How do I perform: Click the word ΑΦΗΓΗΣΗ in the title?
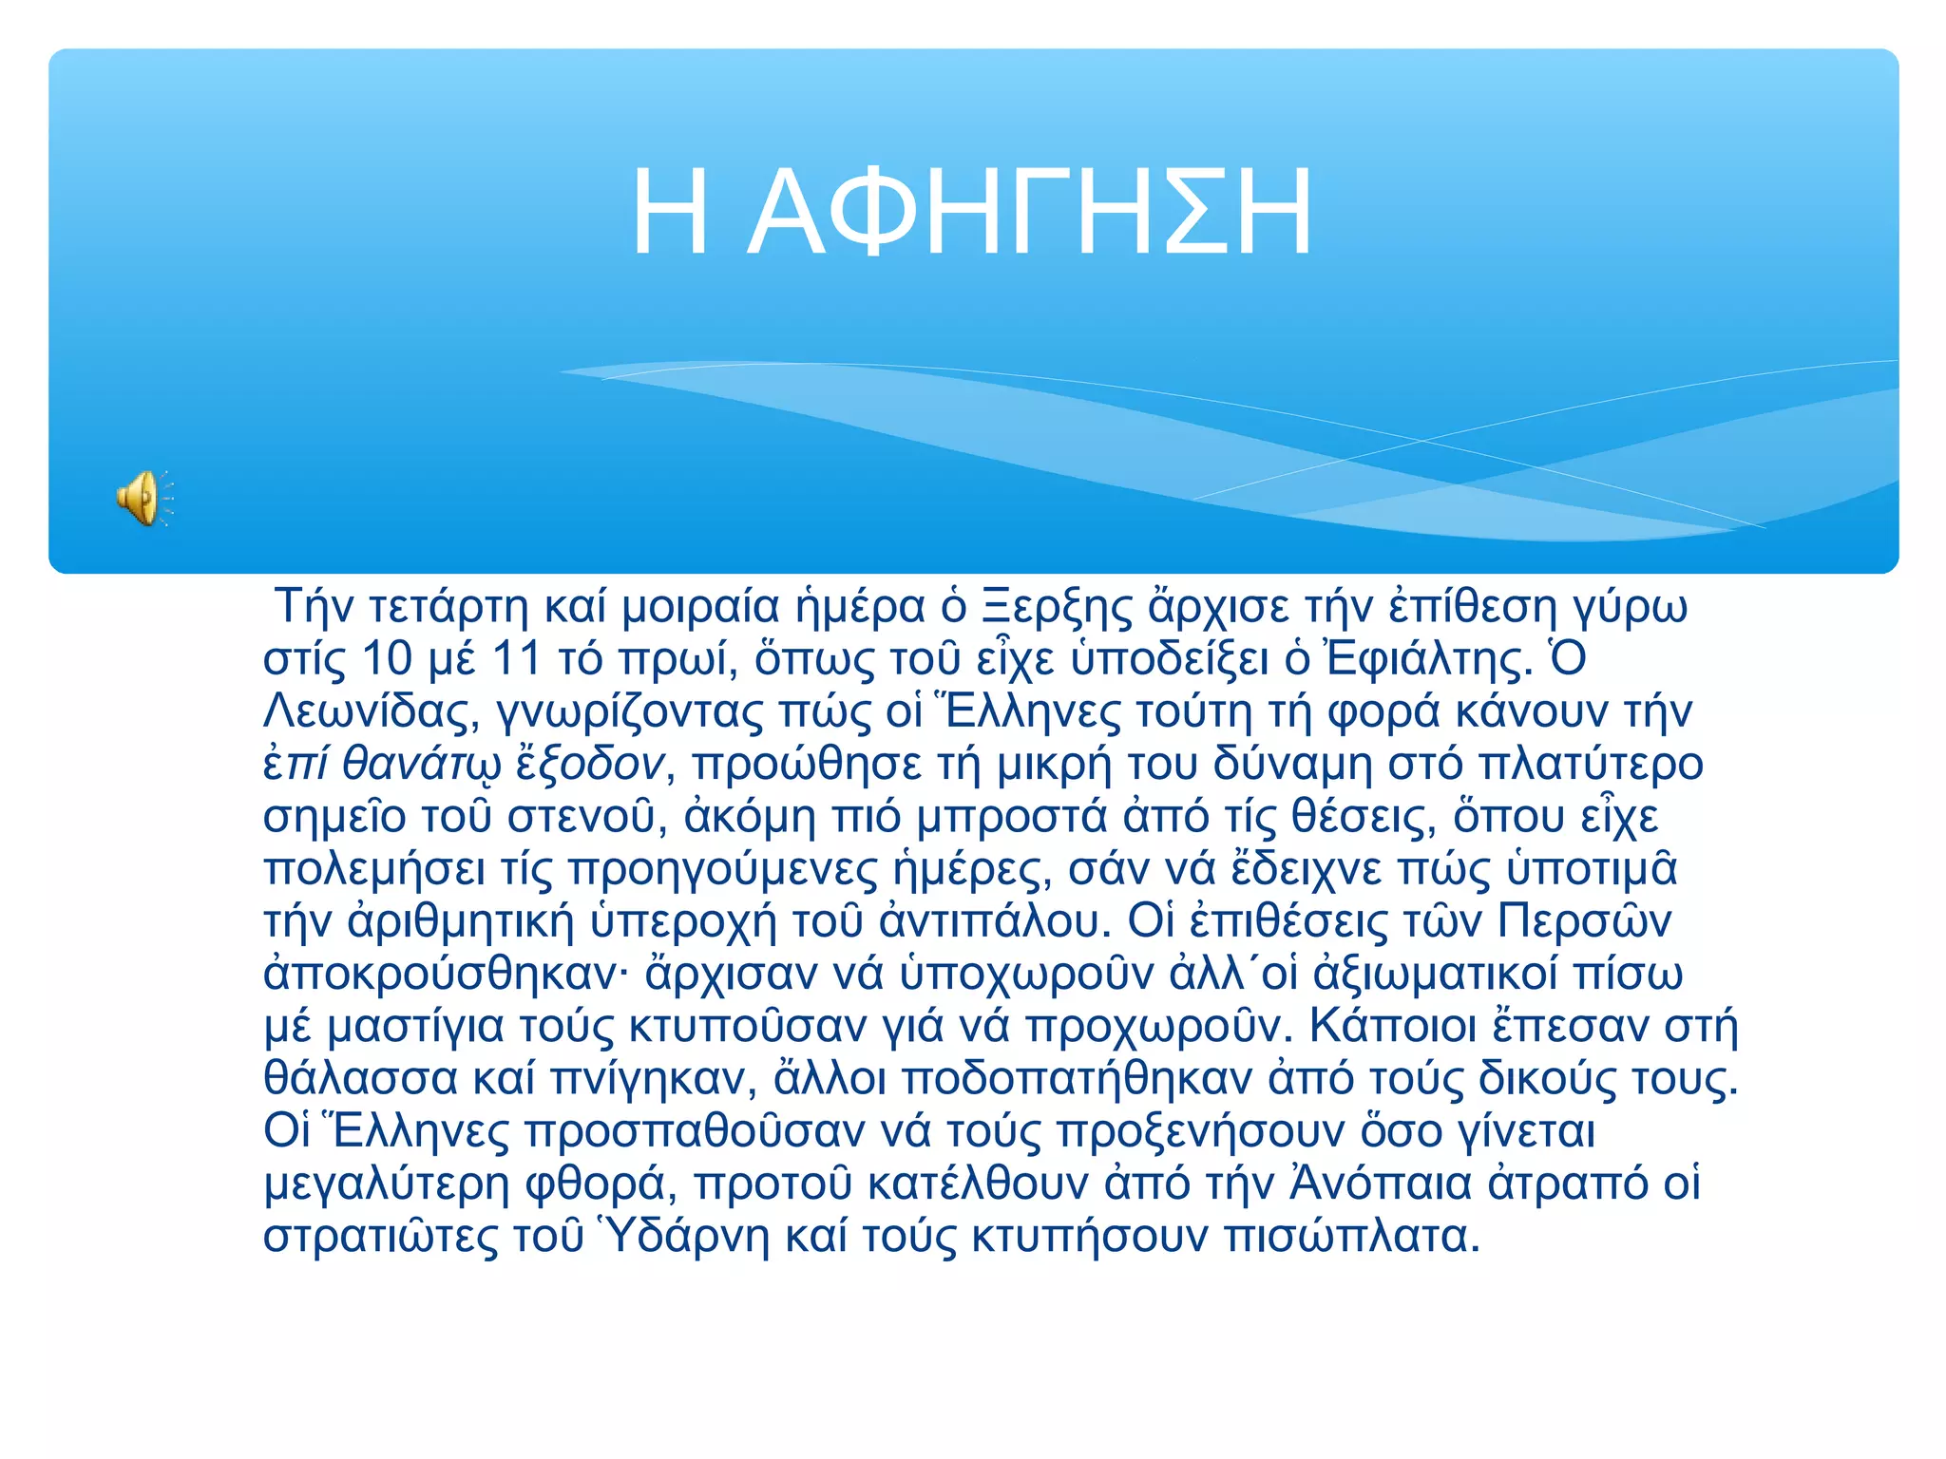pyautogui.click(x=1031, y=213)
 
